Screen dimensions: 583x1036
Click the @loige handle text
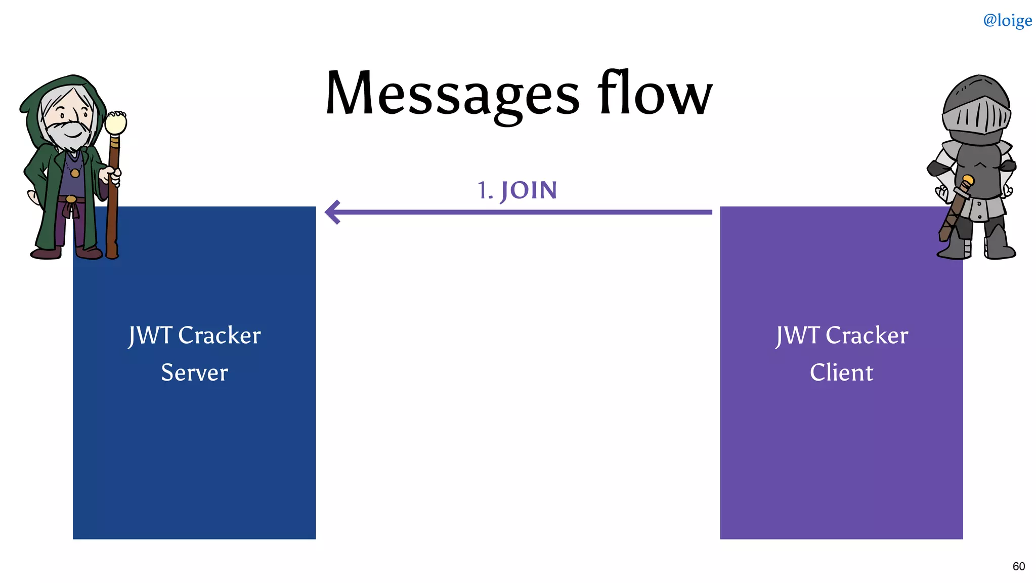pos(1007,20)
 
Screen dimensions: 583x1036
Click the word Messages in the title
pos(452,94)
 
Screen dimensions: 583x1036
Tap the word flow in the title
pos(655,93)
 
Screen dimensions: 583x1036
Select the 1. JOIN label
pos(517,191)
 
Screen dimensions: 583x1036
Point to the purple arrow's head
pos(332,212)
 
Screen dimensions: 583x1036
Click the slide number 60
pos(1018,566)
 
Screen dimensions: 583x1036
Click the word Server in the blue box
pos(194,373)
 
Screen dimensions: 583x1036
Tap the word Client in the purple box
pos(841,373)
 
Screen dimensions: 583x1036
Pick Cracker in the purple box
pos(867,336)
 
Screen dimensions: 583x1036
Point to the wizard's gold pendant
pos(75,173)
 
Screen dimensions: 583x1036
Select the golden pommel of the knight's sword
pos(968,180)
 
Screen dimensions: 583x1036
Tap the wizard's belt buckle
pos(71,199)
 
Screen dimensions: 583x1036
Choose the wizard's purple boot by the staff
pos(89,252)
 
